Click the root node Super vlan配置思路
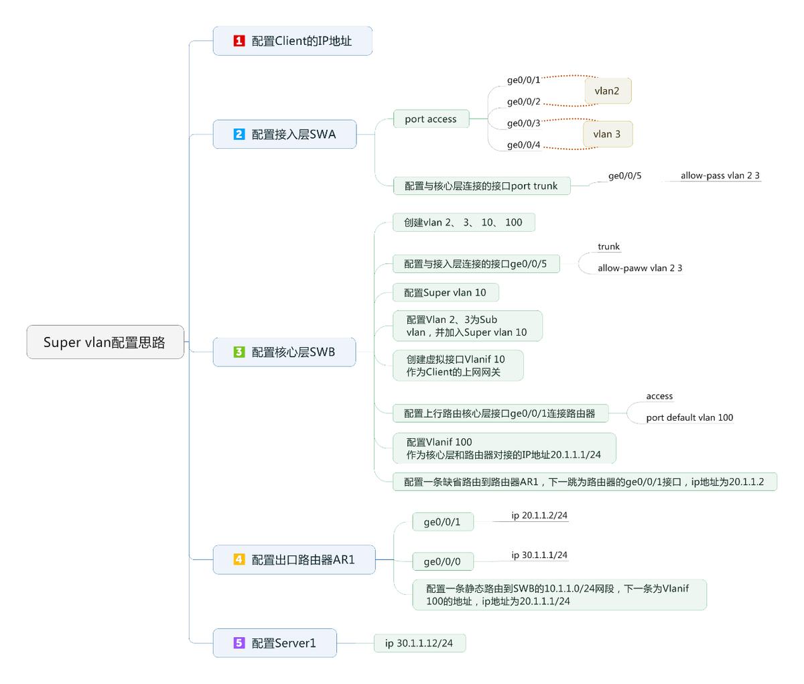click(x=105, y=342)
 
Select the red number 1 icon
click(x=239, y=41)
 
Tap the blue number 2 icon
click(x=239, y=134)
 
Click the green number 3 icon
click(x=239, y=352)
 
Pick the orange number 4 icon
click(x=239, y=559)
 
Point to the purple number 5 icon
click(x=239, y=643)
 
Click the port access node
click(x=431, y=119)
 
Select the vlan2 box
click(x=608, y=91)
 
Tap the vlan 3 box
click(x=607, y=134)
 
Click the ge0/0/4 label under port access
click(x=523, y=145)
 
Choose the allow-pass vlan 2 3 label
click(x=720, y=176)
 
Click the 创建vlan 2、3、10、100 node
click(x=463, y=222)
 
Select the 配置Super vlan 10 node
click(x=445, y=293)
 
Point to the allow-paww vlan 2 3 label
click(x=640, y=268)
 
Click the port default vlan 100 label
click(x=689, y=417)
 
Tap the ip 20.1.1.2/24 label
click(x=539, y=515)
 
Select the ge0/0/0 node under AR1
click(x=442, y=561)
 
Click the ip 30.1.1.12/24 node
click(x=419, y=643)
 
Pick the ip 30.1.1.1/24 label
click(x=539, y=555)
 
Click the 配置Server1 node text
click(x=283, y=643)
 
